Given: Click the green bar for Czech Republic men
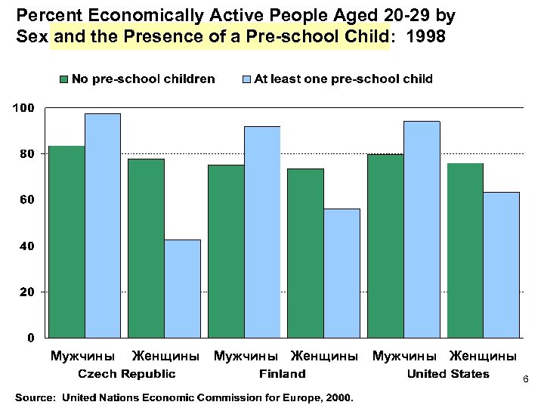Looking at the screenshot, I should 66,241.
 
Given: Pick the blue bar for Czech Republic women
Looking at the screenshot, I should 182,288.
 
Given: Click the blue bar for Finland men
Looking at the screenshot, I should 262,231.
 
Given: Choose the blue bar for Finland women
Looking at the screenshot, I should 342,273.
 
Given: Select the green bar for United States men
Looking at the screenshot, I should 385,246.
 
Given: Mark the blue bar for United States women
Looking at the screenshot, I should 501,264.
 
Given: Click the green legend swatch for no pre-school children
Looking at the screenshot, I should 64,79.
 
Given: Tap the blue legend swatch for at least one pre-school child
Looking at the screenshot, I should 246,79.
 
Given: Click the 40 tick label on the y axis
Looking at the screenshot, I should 26,246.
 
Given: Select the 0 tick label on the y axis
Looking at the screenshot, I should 30,337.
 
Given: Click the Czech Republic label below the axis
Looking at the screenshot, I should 128,373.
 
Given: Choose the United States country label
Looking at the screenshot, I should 448,373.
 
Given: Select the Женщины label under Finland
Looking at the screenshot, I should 324,355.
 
